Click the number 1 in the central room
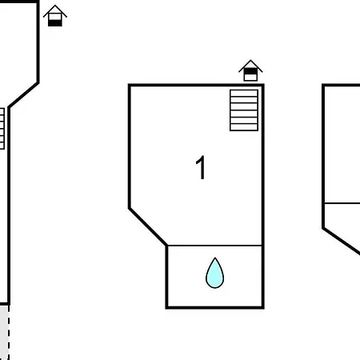[200, 167]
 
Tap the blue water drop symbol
[214, 273]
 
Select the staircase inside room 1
[244, 110]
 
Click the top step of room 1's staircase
[244, 93]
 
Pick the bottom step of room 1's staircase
[244, 127]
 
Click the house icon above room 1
[250, 70]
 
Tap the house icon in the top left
[55, 15]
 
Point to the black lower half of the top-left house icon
[55, 23]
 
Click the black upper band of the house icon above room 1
[250, 71]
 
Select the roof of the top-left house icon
[55, 10]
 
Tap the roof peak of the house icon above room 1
[250, 60]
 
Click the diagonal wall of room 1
[148, 226]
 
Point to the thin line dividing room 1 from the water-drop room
[214, 245]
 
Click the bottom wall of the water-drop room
[215, 307]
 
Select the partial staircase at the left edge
[2, 129]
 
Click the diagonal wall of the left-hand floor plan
[23, 95]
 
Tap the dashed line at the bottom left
[9, 333]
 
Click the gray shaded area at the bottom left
[4, 333]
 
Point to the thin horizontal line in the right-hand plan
[342, 203]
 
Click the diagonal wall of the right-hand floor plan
[341, 241]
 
